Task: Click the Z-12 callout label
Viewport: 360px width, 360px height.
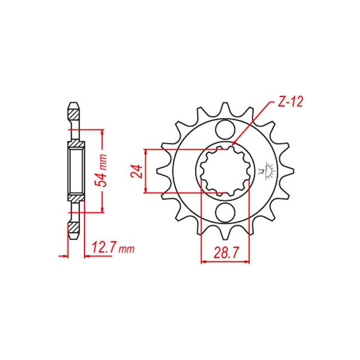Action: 289,103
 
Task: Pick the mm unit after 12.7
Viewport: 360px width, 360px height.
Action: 127,248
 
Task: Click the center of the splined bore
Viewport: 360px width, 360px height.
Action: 225,171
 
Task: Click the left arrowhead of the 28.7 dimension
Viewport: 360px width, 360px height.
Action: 203,260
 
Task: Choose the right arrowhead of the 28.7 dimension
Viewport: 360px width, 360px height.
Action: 248,260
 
